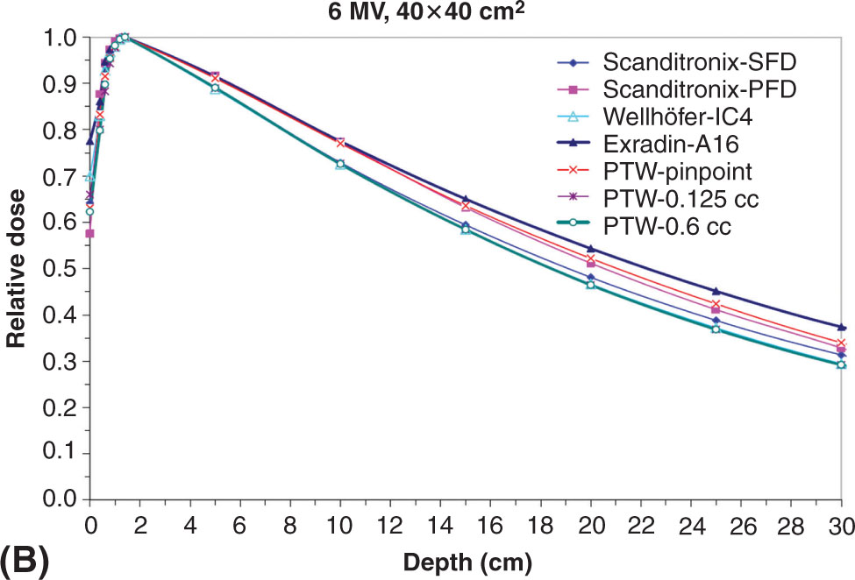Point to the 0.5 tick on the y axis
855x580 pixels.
pyautogui.click(x=58, y=269)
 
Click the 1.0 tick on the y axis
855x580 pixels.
pyautogui.click(x=58, y=38)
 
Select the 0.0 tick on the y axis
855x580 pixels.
pyautogui.click(x=58, y=499)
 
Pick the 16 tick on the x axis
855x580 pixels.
pyautogui.click(x=491, y=523)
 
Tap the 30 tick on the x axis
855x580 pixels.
pyautogui.click(x=842, y=523)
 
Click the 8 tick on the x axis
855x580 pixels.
pyautogui.click(x=290, y=523)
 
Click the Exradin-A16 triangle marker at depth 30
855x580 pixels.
pyautogui.click(x=842, y=327)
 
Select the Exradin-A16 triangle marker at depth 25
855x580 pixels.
pyautogui.click(x=716, y=291)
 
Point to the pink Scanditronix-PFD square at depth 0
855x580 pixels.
pyautogui.click(x=89, y=233)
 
